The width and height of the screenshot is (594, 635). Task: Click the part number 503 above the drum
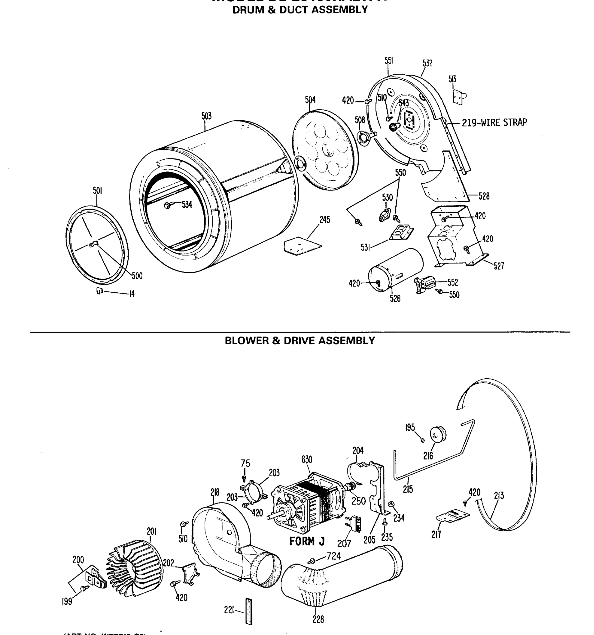pos(206,116)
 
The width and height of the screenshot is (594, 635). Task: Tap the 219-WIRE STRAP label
pos(494,122)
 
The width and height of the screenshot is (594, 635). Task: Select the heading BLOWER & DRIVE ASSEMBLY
pos(300,341)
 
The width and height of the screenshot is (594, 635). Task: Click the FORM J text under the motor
pos(307,541)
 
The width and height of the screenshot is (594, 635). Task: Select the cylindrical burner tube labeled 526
pos(396,270)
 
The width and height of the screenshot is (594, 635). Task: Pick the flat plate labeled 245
pos(303,245)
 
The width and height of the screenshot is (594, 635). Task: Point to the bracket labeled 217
pos(452,516)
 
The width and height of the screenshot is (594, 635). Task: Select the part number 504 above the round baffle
pos(310,100)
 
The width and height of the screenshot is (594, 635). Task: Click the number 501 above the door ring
pos(97,191)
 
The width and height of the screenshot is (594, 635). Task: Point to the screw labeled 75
pos(244,478)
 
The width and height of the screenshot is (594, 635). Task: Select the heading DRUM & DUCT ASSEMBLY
pos(300,10)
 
